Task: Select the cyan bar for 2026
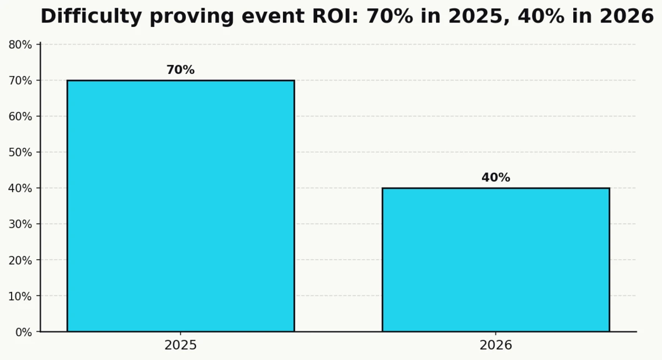[495, 260]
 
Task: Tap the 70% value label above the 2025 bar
[180, 70]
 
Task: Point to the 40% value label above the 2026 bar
[495, 178]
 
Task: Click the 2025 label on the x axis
[180, 346]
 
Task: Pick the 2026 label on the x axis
[495, 346]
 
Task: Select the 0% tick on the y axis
[20, 332]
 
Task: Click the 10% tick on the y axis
[20, 296]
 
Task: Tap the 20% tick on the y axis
[20, 260]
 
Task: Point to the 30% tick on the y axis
[20, 224]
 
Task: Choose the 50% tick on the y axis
[20, 152]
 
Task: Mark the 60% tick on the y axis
[20, 116]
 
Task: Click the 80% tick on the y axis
[20, 45]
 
